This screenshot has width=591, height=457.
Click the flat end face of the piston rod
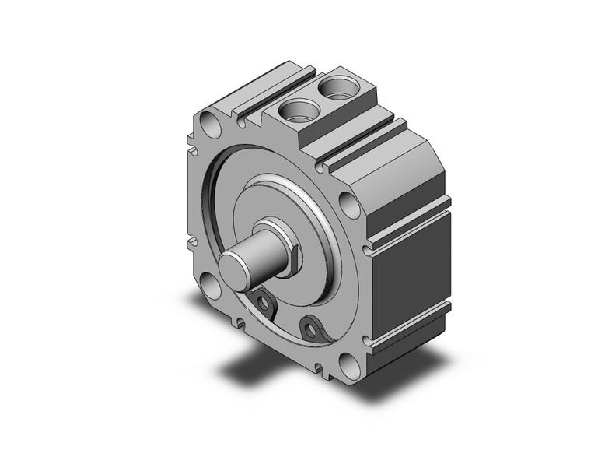tap(233, 267)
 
